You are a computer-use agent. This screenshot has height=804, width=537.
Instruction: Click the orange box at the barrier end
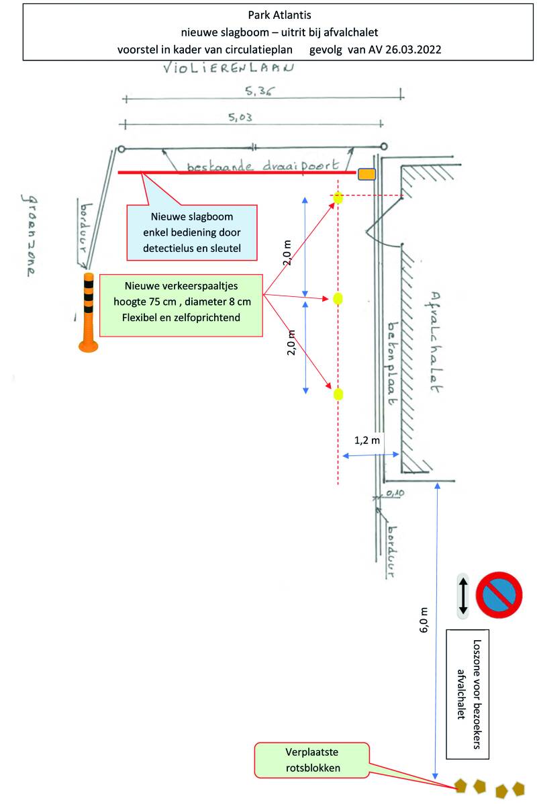[x=367, y=175]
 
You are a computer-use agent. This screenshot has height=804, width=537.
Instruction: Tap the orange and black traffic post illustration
[x=88, y=312]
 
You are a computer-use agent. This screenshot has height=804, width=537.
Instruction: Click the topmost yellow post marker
[x=338, y=197]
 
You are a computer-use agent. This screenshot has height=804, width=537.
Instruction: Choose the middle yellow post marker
[x=338, y=298]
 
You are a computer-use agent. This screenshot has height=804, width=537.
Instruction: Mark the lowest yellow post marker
[x=338, y=394]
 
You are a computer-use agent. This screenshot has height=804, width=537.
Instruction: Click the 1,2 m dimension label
[x=367, y=441]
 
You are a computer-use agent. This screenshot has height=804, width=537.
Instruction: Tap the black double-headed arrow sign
[x=462, y=595]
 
